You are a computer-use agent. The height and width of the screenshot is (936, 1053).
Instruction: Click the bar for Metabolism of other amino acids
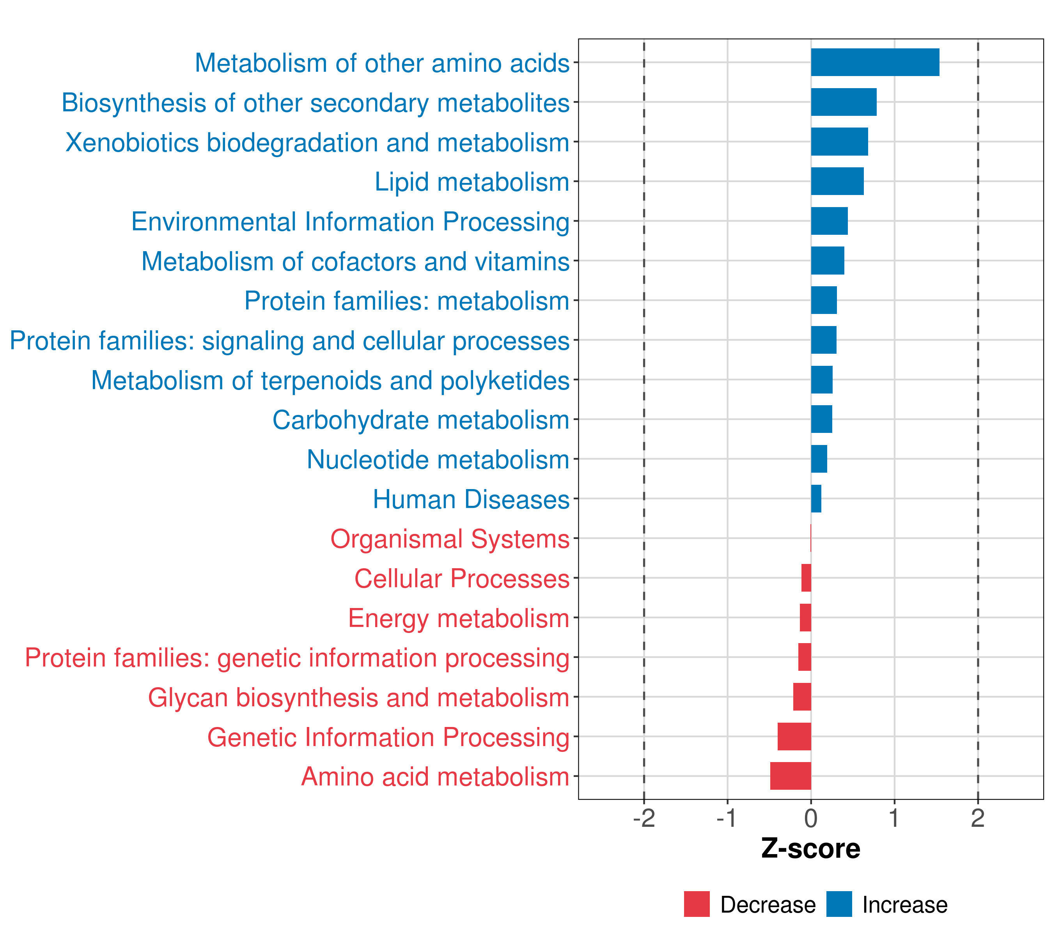[875, 62]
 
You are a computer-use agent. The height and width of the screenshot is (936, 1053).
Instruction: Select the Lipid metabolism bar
[837, 181]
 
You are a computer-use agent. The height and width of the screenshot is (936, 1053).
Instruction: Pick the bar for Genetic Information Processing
[794, 736]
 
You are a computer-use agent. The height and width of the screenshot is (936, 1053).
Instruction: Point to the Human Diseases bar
[816, 499]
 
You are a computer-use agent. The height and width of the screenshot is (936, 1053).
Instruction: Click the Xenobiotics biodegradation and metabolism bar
[839, 142]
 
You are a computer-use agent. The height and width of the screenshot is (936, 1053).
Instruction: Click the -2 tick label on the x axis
[644, 819]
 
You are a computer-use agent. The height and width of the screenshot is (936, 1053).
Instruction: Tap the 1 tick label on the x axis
[894, 819]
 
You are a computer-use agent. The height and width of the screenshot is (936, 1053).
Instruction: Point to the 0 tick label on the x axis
[811, 819]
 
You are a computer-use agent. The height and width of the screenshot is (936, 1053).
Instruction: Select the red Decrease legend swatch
[697, 904]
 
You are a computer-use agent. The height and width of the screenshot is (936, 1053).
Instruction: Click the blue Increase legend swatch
[838, 904]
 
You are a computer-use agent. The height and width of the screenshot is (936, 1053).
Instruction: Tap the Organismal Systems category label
[450, 539]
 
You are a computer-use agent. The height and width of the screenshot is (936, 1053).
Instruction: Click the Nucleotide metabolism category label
[438, 459]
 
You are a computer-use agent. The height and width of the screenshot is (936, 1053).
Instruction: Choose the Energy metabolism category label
[459, 618]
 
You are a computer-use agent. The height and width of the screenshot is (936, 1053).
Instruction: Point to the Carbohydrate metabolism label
[420, 420]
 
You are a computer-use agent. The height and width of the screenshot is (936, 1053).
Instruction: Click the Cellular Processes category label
[462, 578]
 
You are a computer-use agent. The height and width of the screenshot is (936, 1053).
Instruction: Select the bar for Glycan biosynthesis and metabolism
[802, 697]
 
